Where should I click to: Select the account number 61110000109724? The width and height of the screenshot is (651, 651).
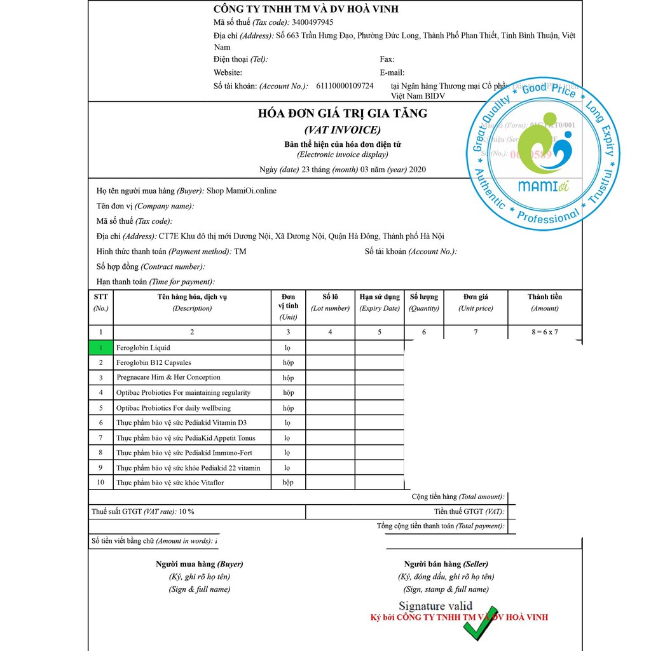pos(345,86)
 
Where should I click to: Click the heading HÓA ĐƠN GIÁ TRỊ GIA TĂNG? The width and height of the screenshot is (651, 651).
pos(342,114)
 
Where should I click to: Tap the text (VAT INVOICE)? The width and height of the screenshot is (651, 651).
pos(342,130)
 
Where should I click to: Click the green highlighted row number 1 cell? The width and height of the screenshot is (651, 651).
pos(100,348)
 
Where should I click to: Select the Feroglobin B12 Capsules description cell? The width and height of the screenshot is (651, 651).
pos(153,362)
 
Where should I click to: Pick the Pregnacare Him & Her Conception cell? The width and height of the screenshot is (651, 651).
pos(168,378)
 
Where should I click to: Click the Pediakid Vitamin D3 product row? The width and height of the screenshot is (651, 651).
pos(181,423)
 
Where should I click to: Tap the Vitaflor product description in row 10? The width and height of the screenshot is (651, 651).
pos(170,483)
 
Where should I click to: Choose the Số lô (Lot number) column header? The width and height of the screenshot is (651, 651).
pos(330,302)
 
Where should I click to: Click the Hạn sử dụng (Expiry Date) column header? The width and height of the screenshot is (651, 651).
pos(380,302)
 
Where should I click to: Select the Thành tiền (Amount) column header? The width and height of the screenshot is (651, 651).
pos(545,302)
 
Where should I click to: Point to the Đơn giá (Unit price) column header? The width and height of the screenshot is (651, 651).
pos(476,302)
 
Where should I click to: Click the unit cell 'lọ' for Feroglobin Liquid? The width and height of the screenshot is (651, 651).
pos(288,348)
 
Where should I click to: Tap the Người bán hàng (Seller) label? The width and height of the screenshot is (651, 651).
pos(446,564)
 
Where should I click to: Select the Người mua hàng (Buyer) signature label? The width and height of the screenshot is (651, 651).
pos(199,564)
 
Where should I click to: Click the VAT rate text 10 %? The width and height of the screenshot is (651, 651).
pos(186,512)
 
